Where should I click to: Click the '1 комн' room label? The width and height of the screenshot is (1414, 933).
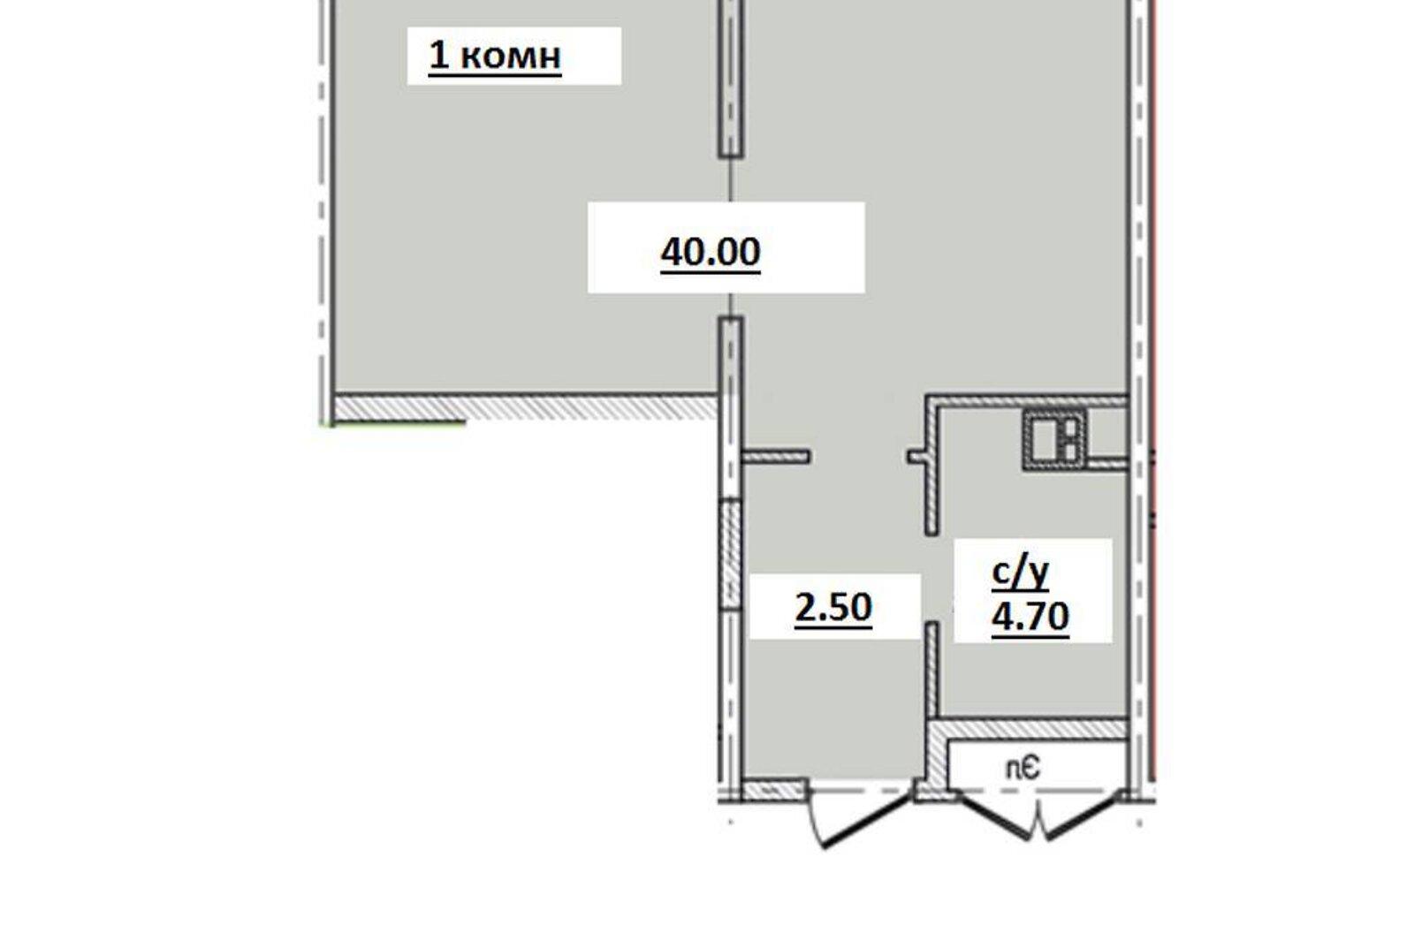pos(495,57)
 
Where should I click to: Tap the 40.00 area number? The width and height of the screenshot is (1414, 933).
pos(711,254)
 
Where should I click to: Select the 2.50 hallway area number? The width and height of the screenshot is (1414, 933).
pos(833,609)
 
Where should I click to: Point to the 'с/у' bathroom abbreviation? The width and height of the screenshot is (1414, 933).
pos(1020,574)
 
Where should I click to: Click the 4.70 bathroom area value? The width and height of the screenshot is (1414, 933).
pos(1030,618)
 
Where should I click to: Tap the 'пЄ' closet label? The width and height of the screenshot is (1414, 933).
pos(1022,769)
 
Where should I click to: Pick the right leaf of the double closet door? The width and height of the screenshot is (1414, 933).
pos(1083,817)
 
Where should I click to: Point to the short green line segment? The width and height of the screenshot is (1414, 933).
pos(397,424)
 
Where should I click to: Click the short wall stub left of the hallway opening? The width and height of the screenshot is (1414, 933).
pos(775,457)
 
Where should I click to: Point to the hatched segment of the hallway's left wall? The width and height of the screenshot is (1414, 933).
pos(730,554)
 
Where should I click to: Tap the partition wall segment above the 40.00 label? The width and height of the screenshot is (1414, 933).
pos(730,79)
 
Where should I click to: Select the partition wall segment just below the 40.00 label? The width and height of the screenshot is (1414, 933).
pos(730,408)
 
